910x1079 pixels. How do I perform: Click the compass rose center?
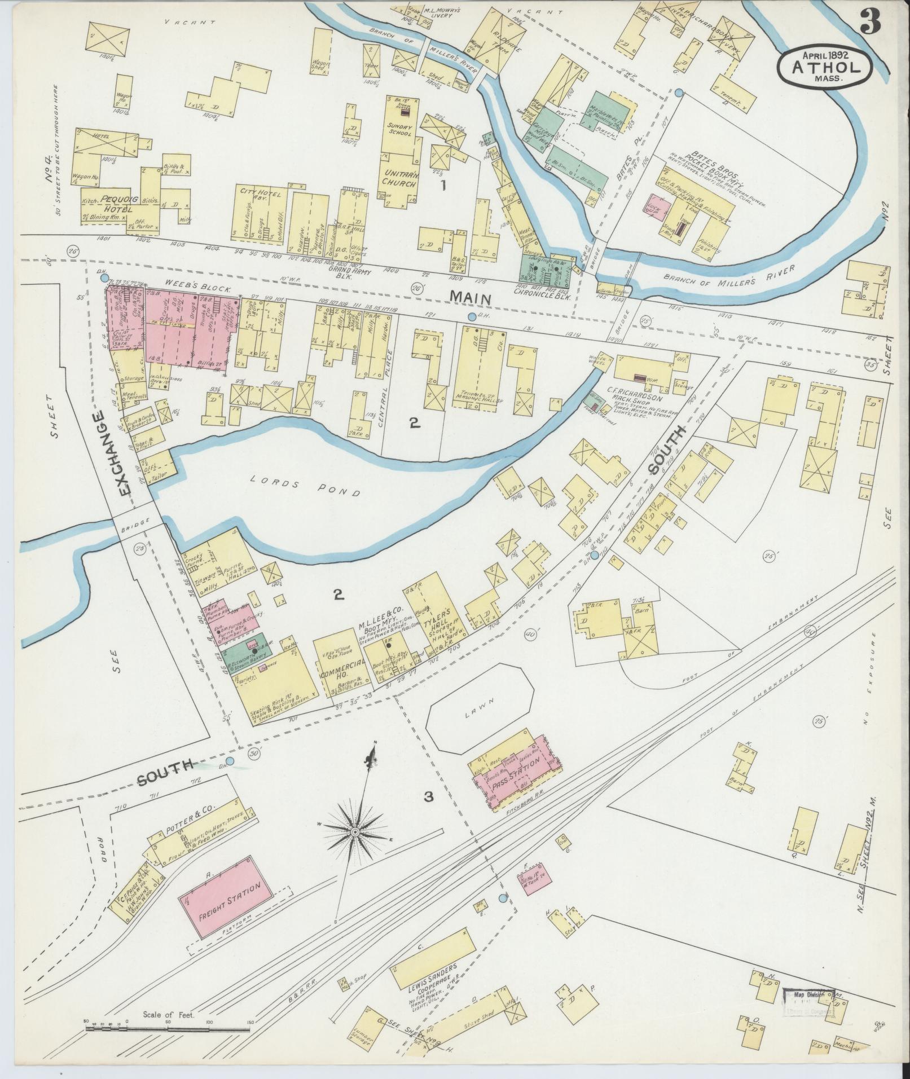356,832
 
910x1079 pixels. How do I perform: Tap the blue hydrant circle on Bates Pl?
679,92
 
